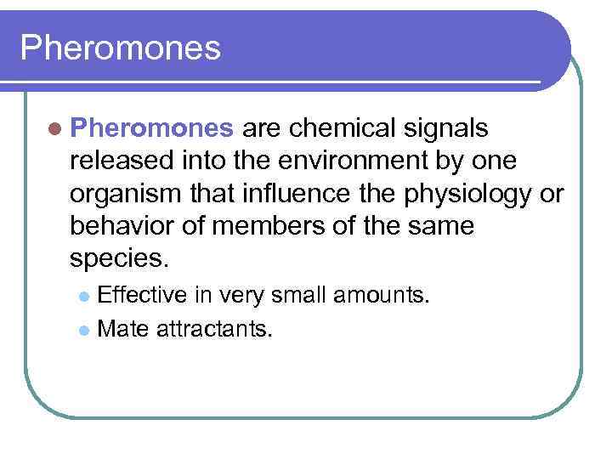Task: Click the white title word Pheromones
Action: pyautogui.click(x=120, y=48)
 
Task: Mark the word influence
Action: pyautogui.click(x=277, y=193)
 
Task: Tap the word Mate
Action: pyautogui.click(x=122, y=328)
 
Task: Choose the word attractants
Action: pyautogui.click(x=214, y=328)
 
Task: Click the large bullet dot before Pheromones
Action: pyautogui.click(x=56, y=128)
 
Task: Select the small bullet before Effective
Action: pyautogui.click(x=83, y=297)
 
